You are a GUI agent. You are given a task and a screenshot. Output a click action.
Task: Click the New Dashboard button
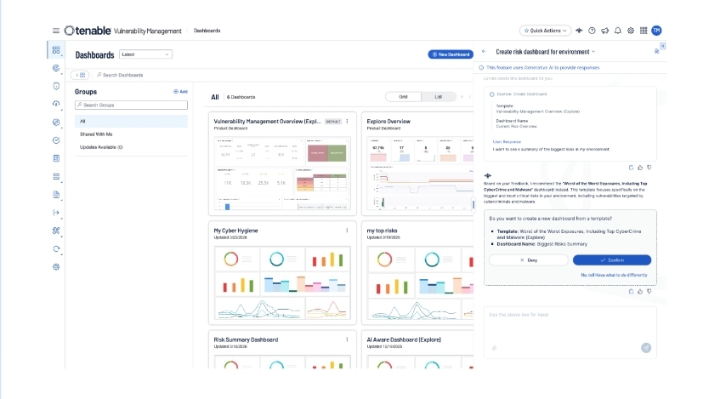point(450,54)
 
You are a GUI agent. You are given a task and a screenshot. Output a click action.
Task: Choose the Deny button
point(527,259)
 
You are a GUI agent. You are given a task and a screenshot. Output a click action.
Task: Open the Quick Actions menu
point(544,31)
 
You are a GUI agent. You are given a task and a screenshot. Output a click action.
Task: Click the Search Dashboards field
point(136,75)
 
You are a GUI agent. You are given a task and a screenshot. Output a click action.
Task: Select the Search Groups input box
point(131,105)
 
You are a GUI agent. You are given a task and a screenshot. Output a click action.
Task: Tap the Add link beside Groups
point(181,91)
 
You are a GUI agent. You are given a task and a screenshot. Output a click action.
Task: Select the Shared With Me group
point(96,134)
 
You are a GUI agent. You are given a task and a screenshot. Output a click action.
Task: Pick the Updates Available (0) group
point(101,147)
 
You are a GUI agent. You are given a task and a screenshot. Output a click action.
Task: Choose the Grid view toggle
point(403,97)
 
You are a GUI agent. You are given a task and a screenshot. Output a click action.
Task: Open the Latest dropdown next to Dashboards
point(145,54)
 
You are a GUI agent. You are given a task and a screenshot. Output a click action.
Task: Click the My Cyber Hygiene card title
point(236,231)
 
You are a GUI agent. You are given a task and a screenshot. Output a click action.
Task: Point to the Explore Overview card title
point(389,122)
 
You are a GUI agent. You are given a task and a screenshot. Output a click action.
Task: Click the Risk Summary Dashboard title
point(246,339)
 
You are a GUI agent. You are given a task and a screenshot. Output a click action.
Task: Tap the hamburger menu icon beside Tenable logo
point(56,31)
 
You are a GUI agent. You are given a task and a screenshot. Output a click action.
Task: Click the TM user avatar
point(656,31)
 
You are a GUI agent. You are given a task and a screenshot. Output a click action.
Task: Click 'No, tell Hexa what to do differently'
point(614,275)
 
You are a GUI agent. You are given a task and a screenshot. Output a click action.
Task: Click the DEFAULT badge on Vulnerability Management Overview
point(333,122)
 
